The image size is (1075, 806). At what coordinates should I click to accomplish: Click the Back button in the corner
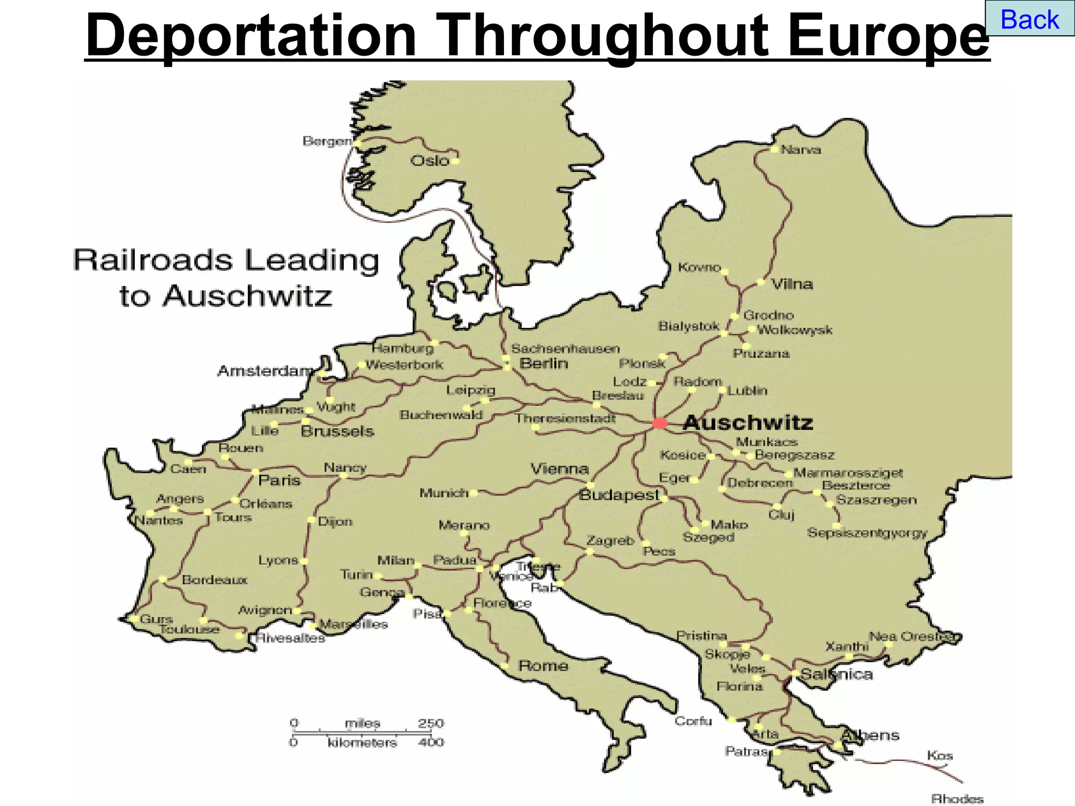point(1030,19)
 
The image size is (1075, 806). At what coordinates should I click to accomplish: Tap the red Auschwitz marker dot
point(660,423)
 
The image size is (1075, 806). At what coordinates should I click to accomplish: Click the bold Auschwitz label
point(748,422)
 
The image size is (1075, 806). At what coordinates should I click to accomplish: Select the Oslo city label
point(430,161)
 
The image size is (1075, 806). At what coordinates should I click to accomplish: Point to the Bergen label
point(327,141)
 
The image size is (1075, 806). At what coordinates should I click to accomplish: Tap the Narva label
point(801,150)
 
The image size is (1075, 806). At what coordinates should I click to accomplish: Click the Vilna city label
point(792,284)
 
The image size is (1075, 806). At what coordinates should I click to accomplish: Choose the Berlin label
point(544,363)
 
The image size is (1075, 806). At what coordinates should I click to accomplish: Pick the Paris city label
point(280,480)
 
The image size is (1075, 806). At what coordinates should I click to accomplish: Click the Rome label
point(543,666)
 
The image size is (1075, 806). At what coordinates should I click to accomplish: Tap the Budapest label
point(619,495)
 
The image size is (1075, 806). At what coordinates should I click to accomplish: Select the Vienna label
point(560,469)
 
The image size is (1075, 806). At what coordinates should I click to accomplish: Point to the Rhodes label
point(957,799)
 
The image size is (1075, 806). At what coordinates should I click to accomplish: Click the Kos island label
point(940,756)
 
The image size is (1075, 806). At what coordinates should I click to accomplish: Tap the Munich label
point(444,493)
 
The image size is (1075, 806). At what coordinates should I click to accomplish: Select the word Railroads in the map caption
point(153,260)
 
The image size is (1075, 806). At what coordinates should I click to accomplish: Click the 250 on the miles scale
point(431,723)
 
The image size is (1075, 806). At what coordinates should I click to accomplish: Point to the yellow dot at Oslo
point(455,161)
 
